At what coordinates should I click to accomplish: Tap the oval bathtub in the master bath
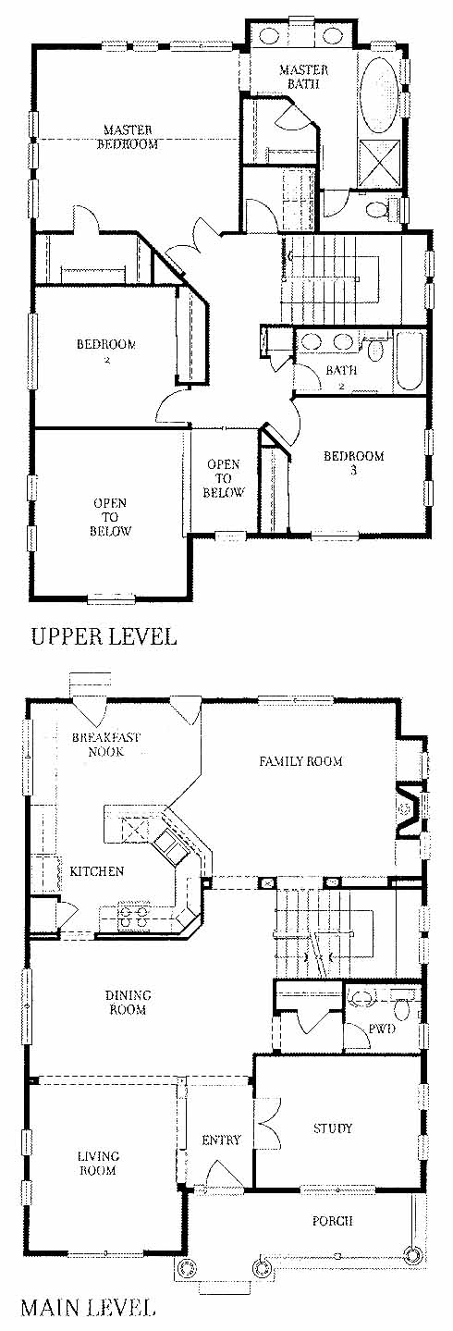tap(378, 97)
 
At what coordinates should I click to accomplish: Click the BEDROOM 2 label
tap(107, 351)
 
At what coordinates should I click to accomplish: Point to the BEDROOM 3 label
tap(354, 462)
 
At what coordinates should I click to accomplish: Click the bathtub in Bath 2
tap(409, 360)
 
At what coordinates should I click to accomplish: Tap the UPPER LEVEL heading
tap(104, 636)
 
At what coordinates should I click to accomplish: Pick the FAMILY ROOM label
tap(301, 760)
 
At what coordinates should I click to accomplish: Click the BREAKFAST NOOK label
tap(106, 744)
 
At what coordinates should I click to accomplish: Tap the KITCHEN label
tap(97, 871)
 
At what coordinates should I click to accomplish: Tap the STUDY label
tap(333, 1128)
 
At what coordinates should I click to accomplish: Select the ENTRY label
tap(222, 1140)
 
